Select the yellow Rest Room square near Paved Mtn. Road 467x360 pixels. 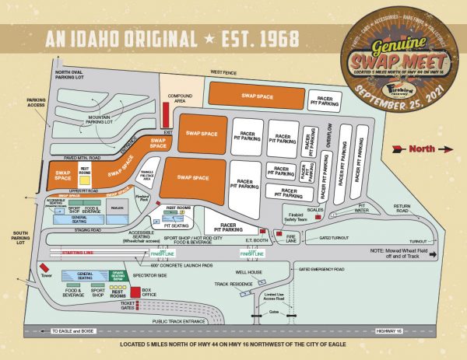coord(85,172)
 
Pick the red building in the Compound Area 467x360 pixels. coord(166,117)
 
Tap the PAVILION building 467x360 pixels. coord(118,208)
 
